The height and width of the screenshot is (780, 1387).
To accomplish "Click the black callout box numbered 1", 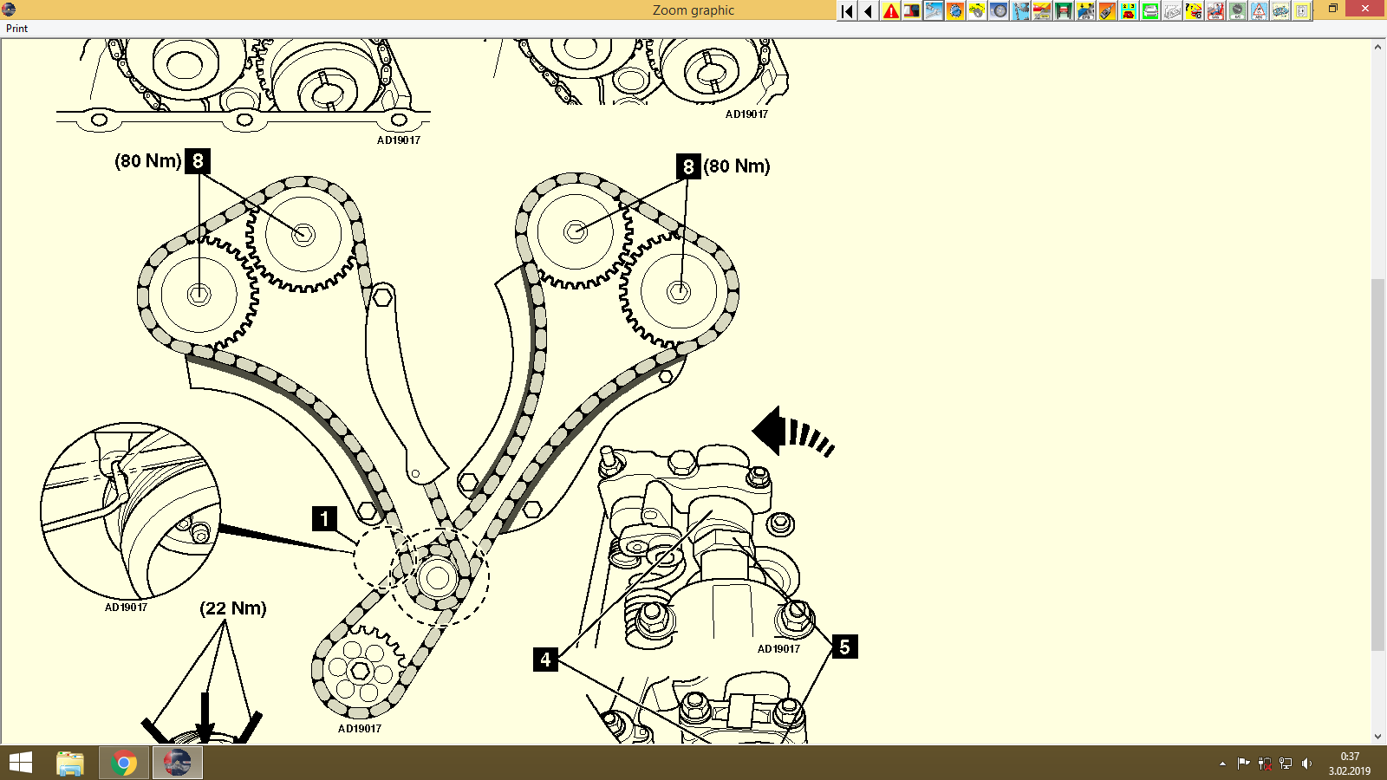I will tap(324, 518).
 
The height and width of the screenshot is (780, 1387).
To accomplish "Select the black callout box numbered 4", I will tap(545, 660).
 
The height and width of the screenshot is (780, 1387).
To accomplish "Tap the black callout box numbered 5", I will tap(844, 647).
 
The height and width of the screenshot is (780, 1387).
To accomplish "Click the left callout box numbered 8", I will tap(198, 160).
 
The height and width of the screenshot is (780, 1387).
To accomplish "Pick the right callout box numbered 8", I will tap(688, 166).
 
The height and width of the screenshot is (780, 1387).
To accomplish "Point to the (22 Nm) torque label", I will tap(233, 608).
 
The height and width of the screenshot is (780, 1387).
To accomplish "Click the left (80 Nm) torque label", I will tap(148, 161).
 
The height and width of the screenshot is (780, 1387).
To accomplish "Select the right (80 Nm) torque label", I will tap(737, 166).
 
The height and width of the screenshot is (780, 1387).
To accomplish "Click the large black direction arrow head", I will tap(768, 431).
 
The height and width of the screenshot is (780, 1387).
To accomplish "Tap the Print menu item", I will tap(17, 29).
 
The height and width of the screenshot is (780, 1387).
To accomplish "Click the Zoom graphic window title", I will tap(693, 10).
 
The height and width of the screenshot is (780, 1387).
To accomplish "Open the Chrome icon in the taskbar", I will tap(124, 764).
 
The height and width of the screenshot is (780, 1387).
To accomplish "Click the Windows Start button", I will tap(21, 764).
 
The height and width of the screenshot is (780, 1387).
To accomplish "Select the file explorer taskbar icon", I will tap(70, 764).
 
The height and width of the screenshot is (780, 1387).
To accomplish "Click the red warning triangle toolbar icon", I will tap(890, 11).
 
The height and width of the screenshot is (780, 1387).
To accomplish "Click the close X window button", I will tap(1366, 10).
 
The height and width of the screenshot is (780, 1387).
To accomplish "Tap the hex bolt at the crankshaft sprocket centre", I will tap(360, 671).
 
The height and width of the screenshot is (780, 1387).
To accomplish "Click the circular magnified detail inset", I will tap(130, 511).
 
